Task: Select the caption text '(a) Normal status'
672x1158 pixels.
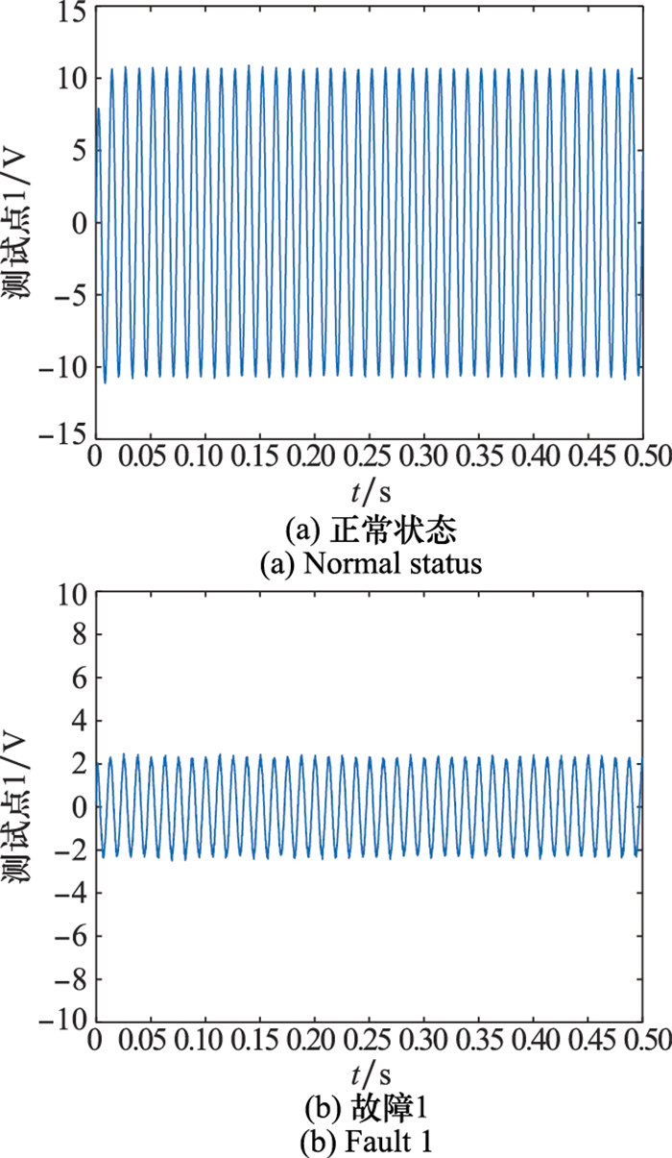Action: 371,564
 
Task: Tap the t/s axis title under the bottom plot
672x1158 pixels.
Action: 368,1073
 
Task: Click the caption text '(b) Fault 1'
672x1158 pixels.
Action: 371,1143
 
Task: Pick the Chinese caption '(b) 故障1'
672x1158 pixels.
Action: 371,1108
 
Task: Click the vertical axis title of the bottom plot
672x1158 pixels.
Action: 21,805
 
